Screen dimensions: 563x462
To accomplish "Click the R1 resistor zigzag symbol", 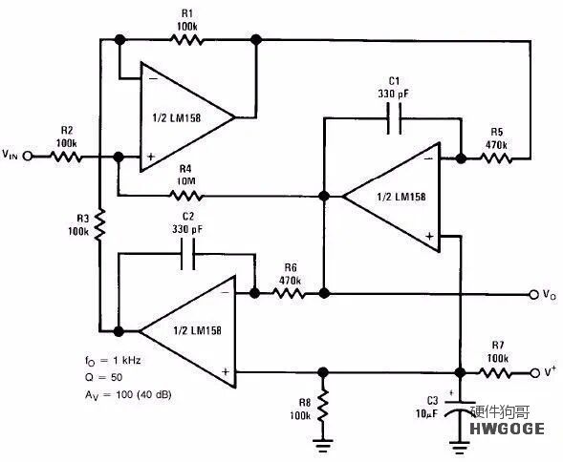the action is click(186, 39).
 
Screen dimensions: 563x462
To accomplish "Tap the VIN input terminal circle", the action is click(28, 156).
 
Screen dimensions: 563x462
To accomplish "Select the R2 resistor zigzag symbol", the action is click(66, 157).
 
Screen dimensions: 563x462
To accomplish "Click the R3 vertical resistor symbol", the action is click(100, 225).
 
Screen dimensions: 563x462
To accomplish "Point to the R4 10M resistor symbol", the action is click(186, 196).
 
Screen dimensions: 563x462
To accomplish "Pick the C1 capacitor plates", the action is click(394, 118).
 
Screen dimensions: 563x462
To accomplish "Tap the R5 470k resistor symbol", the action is click(496, 158).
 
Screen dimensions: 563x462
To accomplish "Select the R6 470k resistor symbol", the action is click(289, 294).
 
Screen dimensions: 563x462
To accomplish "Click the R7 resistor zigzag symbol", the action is click(495, 373).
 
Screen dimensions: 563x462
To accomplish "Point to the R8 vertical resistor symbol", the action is click(323, 406).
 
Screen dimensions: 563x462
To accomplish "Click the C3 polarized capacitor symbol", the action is click(460, 409).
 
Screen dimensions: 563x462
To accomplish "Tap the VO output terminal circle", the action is click(534, 295).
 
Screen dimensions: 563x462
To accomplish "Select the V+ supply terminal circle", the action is click(534, 373).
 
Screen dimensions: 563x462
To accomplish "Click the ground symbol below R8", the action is click(323, 445).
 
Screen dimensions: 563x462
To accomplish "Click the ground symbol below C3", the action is click(460, 448).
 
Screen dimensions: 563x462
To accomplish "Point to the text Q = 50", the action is click(103, 377).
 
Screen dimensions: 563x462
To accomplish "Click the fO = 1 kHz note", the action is click(113, 360).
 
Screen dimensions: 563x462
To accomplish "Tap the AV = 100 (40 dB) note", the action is click(128, 395).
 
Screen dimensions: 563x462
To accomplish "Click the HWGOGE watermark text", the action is click(507, 429).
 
